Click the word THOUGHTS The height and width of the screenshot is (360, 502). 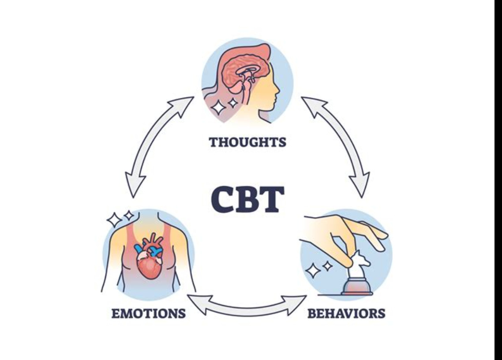pos(247,142)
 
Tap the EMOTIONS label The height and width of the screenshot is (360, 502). pos(148,314)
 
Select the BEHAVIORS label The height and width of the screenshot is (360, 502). pos(346,314)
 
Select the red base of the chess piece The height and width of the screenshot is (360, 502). pos(357,289)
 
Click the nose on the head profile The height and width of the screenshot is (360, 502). pos(277,90)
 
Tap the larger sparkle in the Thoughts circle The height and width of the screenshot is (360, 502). pos(217,107)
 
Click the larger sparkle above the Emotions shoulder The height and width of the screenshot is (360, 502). pos(114,219)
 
